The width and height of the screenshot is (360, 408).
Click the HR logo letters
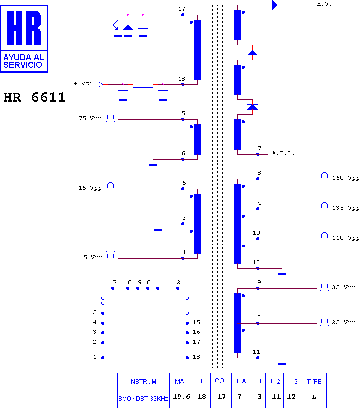tap(24, 28)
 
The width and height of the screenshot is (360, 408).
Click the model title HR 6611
tap(34, 97)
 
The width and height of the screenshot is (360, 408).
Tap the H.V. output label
tap(324, 4)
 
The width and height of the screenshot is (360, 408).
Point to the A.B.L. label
tap(283, 153)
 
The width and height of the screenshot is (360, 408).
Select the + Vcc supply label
tap(83, 83)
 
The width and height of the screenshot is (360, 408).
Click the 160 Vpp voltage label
tap(346, 178)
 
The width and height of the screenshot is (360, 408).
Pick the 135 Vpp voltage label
tap(346, 208)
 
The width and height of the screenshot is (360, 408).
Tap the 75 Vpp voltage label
tap(90, 118)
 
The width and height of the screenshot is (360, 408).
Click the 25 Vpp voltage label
tap(343, 322)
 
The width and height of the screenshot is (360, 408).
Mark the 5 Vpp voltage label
tap(93, 257)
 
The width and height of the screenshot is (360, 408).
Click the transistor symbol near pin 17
tap(114, 25)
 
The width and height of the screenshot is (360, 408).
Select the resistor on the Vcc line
tap(143, 85)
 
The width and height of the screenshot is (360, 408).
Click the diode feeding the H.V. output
tap(274, 5)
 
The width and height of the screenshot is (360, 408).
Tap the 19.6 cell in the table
tap(181, 396)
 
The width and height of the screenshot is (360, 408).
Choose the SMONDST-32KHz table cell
tap(143, 399)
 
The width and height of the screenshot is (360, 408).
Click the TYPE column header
tap(314, 382)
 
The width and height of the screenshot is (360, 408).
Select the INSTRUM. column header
tap(143, 382)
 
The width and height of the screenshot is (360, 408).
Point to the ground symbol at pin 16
tap(153, 165)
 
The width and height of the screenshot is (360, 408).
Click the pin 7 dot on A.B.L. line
tap(258, 154)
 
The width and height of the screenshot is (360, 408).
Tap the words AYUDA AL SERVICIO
tap(23, 61)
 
